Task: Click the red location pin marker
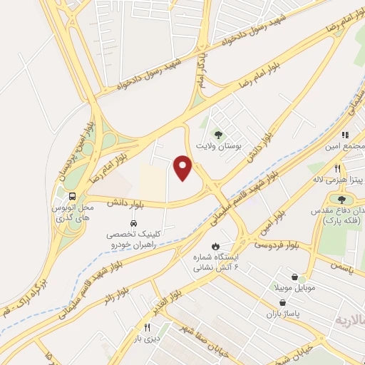pyautogui.click(x=184, y=168)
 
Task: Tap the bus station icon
pyautogui.click(x=71, y=197)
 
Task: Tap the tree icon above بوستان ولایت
pyautogui.click(x=218, y=133)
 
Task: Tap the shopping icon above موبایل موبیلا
pyautogui.click(x=295, y=275)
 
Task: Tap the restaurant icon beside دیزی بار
pyautogui.click(x=147, y=327)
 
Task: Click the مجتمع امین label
pyautogui.click(x=346, y=145)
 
